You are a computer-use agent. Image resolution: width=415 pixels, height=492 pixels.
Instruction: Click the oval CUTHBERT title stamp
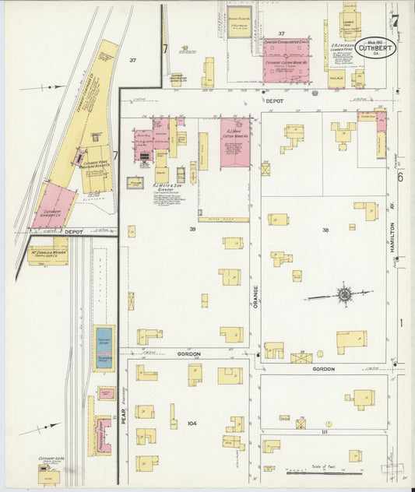pos(377,48)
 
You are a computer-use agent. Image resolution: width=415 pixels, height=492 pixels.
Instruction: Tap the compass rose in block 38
pos(343,294)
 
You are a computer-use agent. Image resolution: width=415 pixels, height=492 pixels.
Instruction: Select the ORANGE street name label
pos(255,296)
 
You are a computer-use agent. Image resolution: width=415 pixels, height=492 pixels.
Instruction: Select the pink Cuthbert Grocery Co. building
pos(52,207)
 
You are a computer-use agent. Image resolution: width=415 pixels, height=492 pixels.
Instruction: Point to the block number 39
pos(192,230)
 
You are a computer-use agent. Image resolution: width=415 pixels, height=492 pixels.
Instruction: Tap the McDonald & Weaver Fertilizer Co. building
pos(48,255)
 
